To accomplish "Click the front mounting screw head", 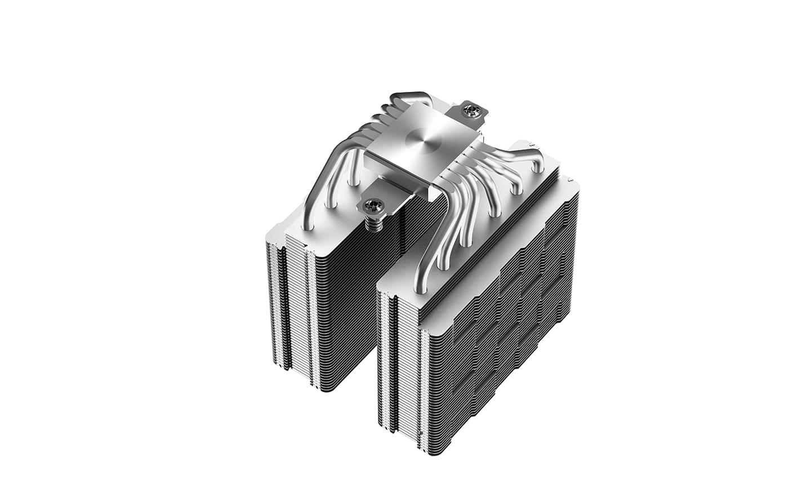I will pos(372,206).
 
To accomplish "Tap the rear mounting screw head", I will pos(472,111).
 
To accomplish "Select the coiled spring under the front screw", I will pos(372,224).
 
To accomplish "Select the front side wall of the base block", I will pos(394,169).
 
